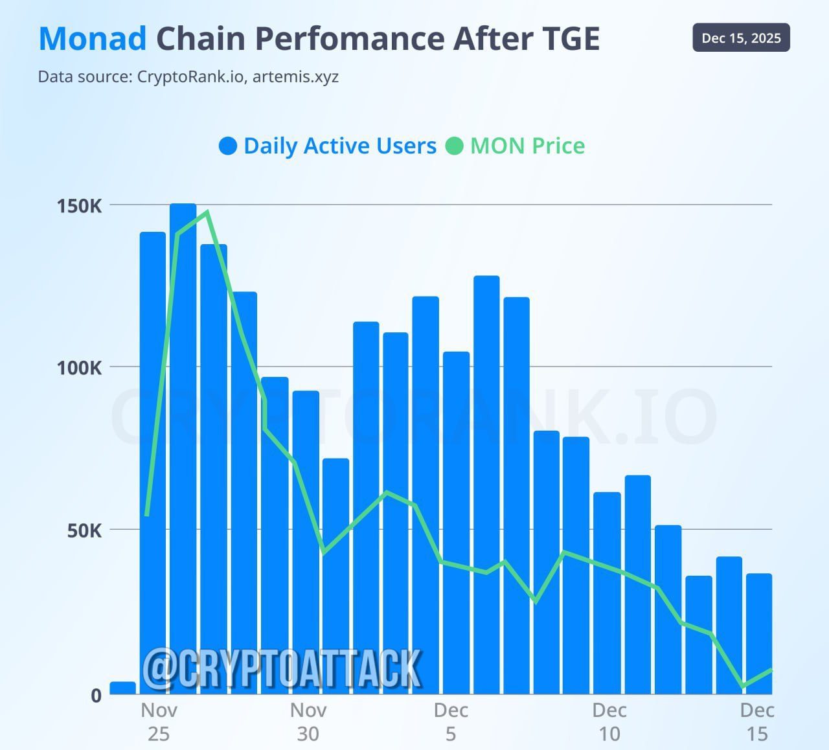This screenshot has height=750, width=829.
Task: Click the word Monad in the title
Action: pyautogui.click(x=93, y=39)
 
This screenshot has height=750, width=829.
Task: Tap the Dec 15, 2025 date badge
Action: pyautogui.click(x=741, y=38)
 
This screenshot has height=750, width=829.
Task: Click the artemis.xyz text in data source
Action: pyautogui.click(x=295, y=77)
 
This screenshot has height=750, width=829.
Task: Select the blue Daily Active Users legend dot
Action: pyautogui.click(x=228, y=146)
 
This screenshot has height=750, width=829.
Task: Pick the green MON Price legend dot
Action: pyautogui.click(x=455, y=146)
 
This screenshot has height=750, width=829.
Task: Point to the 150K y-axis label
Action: pyautogui.click(x=80, y=207)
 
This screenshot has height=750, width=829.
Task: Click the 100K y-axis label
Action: pyautogui.click(x=80, y=369)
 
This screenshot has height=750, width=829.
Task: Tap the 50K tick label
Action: pyautogui.click(x=84, y=531)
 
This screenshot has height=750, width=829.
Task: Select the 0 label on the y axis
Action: pyautogui.click(x=97, y=696)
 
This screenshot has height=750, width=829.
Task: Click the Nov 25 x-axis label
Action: pyautogui.click(x=159, y=722)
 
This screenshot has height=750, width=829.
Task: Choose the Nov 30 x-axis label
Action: pyautogui.click(x=308, y=722)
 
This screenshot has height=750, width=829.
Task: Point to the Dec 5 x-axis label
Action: pyautogui.click(x=451, y=722)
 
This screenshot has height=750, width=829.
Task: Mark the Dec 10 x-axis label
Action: pyautogui.click(x=609, y=722)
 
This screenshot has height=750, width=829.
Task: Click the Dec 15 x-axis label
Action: pyautogui.click(x=756, y=722)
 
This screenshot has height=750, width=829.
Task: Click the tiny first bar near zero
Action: pyautogui.click(x=123, y=688)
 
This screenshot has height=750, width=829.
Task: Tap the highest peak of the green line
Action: pyautogui.click(x=207, y=212)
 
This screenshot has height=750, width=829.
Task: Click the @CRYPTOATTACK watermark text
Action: pyautogui.click(x=282, y=668)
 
